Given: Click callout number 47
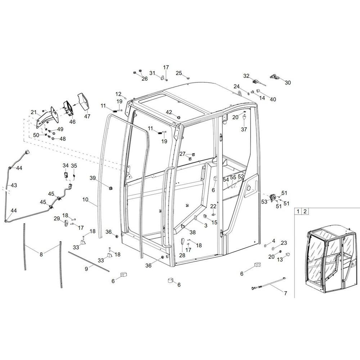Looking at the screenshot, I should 87,116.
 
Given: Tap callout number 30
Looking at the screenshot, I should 288,82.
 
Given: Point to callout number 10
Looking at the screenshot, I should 85,199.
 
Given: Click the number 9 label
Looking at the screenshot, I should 86,268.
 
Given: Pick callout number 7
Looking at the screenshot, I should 285,293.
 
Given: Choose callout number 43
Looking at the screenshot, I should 14,185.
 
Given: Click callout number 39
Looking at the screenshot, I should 93,178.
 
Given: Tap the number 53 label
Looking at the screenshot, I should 265,202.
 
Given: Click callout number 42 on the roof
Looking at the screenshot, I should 169,112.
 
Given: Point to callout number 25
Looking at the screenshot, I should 179,73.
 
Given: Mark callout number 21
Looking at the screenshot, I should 34,113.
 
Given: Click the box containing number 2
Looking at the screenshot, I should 305,211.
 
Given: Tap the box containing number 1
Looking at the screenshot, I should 298,211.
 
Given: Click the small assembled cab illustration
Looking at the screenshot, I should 328,257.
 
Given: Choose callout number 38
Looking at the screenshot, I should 193,232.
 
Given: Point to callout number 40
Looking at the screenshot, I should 273,99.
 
